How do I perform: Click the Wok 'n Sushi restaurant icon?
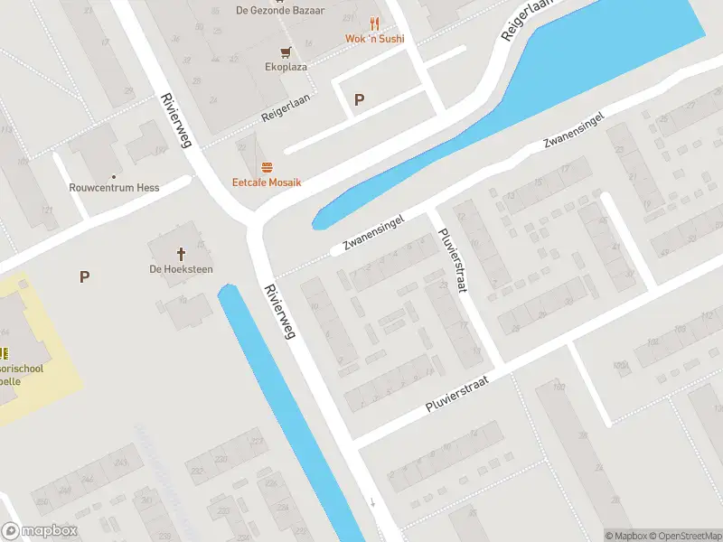tap(374, 23)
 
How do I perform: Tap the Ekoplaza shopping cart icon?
tap(286, 51)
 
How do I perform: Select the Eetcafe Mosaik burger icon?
tap(267, 166)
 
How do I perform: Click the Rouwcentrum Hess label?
tap(114, 188)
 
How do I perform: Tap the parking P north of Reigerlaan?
tap(359, 100)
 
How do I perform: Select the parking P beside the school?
tap(84, 276)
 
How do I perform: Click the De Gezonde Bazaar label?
tap(280, 11)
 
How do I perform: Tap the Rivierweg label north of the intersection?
tap(176, 120)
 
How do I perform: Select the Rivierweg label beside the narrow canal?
tap(280, 312)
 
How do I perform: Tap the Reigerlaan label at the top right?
tap(525, 20)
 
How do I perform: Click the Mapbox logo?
tap(39, 531)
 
